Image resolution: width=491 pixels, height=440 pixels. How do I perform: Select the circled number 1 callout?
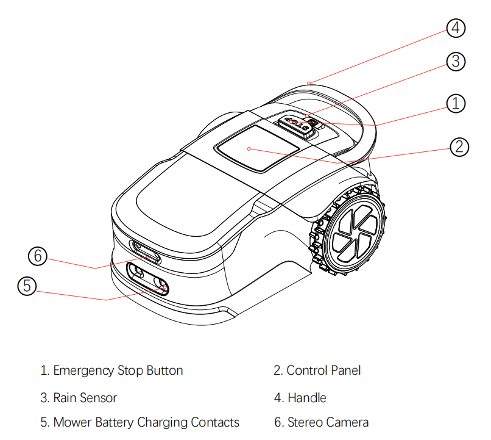click(456, 103)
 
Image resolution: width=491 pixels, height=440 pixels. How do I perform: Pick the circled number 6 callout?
click(38, 256)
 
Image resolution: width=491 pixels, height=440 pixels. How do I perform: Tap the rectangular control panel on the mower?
click(258, 147)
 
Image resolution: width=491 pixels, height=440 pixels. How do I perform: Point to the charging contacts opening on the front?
click(147, 278)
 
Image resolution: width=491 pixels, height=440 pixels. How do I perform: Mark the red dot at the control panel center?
click(249, 148)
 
